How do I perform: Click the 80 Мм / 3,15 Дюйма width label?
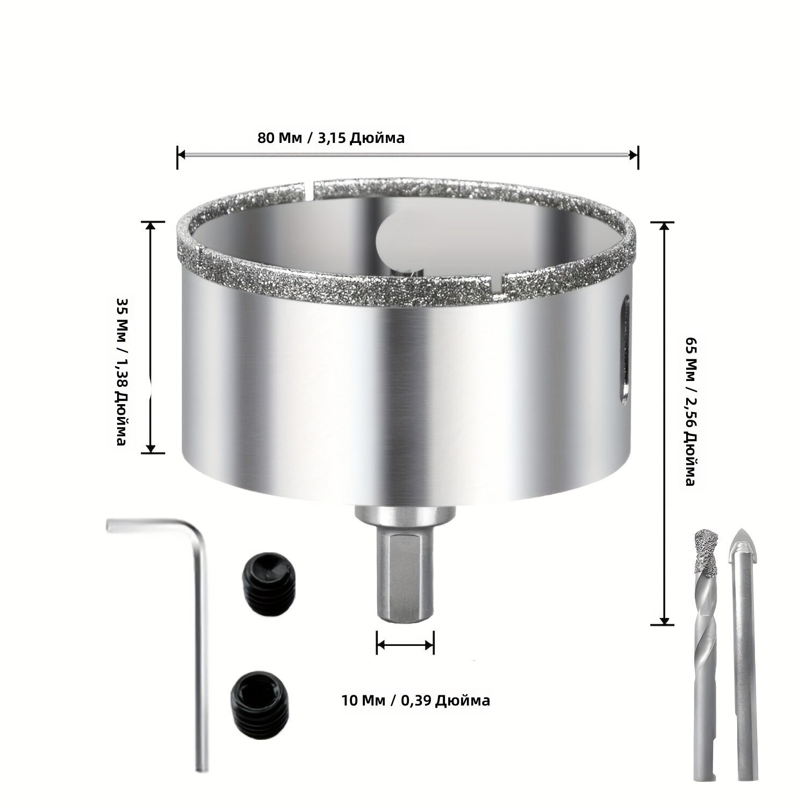tap(331, 138)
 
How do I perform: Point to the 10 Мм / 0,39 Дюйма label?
tap(415, 701)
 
